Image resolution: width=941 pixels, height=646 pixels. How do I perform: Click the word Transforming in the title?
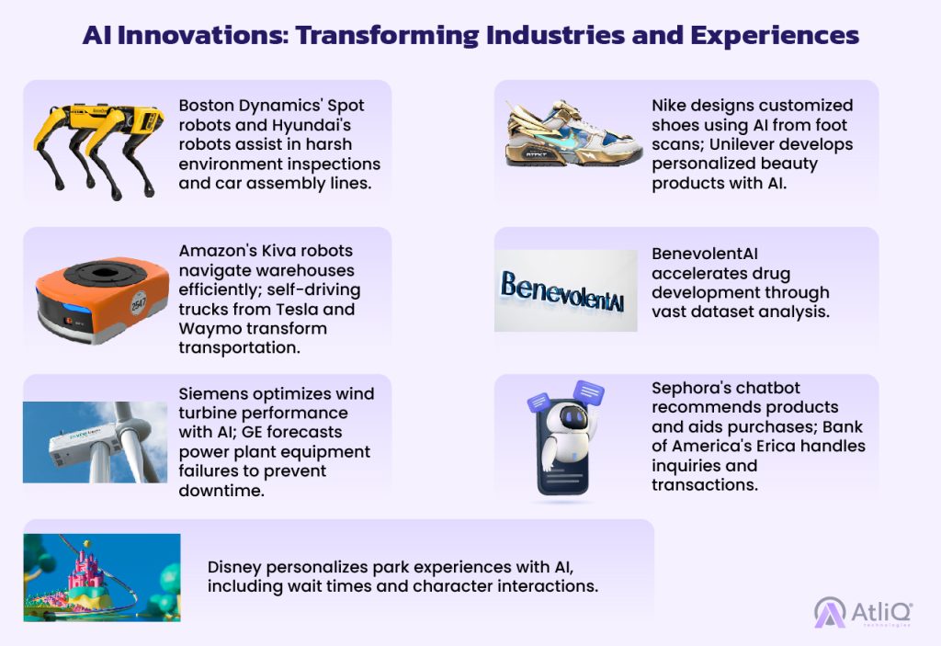[387, 36]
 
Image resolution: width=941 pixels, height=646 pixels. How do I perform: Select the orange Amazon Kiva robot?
[101, 300]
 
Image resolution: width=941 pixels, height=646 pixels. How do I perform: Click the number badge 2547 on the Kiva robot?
[139, 304]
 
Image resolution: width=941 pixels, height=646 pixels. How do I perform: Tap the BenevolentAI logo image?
[565, 290]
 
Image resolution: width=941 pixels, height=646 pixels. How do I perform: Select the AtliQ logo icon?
[830, 612]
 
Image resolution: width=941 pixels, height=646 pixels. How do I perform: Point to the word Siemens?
[212, 394]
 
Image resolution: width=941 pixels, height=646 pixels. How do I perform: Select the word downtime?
[221, 491]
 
